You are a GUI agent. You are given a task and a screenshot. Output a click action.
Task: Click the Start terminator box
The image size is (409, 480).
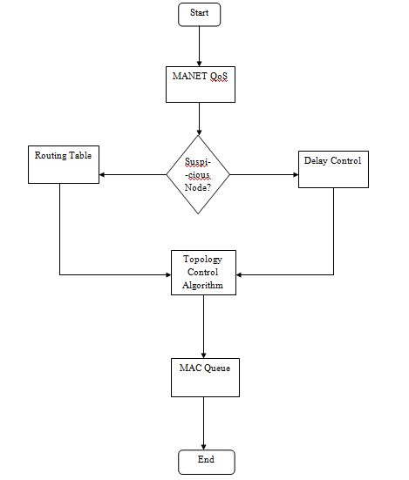pyautogui.click(x=200, y=14)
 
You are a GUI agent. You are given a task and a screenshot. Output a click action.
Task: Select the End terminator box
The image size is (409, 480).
pyautogui.click(x=206, y=461)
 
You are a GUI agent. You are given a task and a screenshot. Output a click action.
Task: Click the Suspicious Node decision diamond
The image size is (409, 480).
pyautogui.click(x=200, y=174)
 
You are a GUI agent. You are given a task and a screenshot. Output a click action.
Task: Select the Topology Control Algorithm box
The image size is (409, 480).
pyautogui.click(x=203, y=273)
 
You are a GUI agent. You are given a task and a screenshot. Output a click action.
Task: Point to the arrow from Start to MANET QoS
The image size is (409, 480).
pyautogui.click(x=200, y=45)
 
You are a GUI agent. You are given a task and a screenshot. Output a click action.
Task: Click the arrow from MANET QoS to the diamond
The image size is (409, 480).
pyautogui.click(x=200, y=118)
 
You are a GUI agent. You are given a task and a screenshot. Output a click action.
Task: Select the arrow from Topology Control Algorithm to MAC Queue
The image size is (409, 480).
pyautogui.click(x=203, y=326)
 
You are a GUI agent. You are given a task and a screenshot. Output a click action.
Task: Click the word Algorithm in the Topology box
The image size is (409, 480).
pyautogui.click(x=203, y=285)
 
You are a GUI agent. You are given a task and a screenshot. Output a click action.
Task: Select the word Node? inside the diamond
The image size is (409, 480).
pyautogui.click(x=200, y=187)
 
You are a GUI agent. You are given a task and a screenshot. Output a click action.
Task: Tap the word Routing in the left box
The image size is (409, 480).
pyautogui.click(x=50, y=156)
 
